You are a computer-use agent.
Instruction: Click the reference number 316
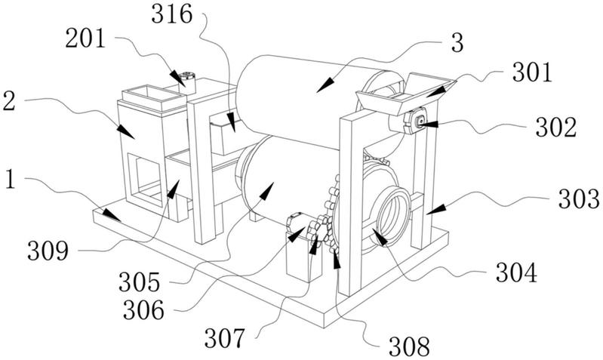point(171,15)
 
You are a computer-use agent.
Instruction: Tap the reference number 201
point(85,38)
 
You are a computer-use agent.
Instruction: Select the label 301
point(532,72)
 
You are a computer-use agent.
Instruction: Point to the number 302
point(556,128)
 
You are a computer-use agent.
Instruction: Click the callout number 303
point(579,198)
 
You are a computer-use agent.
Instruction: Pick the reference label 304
point(516,272)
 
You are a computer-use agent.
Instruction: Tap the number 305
point(139,282)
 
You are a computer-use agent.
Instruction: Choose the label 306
point(143,310)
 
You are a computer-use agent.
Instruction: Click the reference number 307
point(225,338)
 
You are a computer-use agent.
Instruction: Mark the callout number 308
point(409,346)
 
